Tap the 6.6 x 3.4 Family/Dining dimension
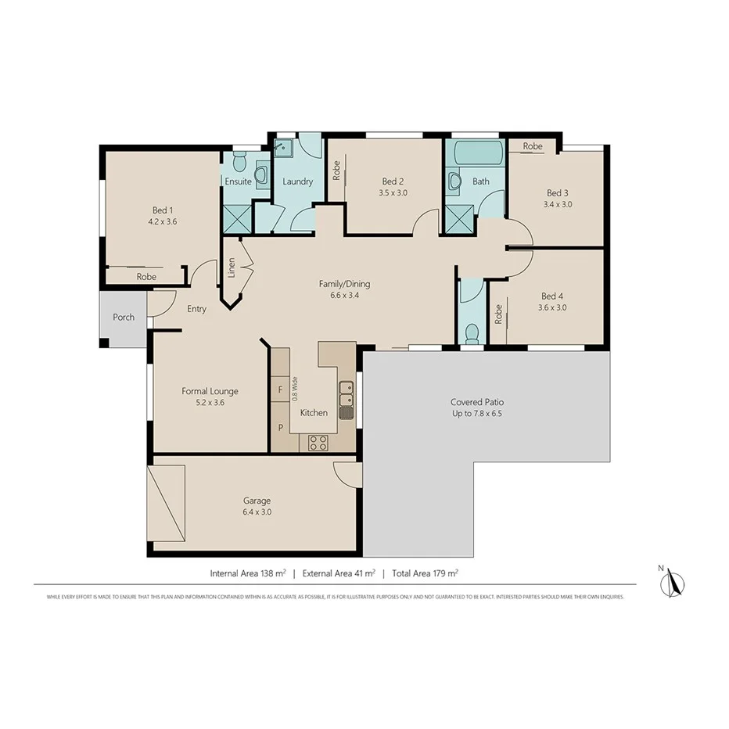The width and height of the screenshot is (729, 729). [344, 296]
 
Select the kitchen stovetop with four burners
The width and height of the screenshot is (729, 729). [318, 443]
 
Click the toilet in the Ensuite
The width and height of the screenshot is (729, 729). [240, 163]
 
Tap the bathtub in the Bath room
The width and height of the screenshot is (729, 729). [475, 153]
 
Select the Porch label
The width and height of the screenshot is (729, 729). [124, 318]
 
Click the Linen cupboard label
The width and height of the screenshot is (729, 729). [232, 268]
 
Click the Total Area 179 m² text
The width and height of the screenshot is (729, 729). [425, 573]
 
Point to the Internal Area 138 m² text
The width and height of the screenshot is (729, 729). [248, 573]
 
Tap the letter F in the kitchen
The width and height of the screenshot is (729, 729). [280, 389]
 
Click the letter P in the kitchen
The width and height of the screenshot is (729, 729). [280, 428]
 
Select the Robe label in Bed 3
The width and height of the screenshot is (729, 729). [533, 146]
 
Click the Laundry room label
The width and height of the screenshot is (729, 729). [297, 181]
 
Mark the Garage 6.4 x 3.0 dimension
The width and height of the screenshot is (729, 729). [257, 512]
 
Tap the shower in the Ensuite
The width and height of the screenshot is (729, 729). [237, 218]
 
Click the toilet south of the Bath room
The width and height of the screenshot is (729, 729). [472, 334]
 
